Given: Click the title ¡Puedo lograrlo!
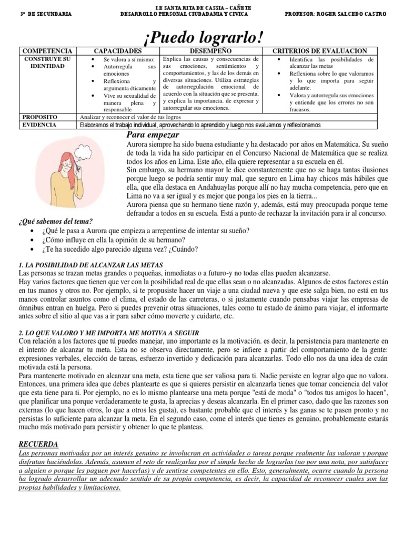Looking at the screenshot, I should (202, 37).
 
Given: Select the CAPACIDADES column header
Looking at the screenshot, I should (118, 50).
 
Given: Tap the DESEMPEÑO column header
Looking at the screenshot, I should (212, 50).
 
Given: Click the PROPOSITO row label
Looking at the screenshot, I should (40, 117).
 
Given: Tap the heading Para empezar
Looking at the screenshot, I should (152, 135).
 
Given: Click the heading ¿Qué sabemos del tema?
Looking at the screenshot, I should (55, 221).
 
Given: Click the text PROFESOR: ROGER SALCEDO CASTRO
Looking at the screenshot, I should (335, 14).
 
